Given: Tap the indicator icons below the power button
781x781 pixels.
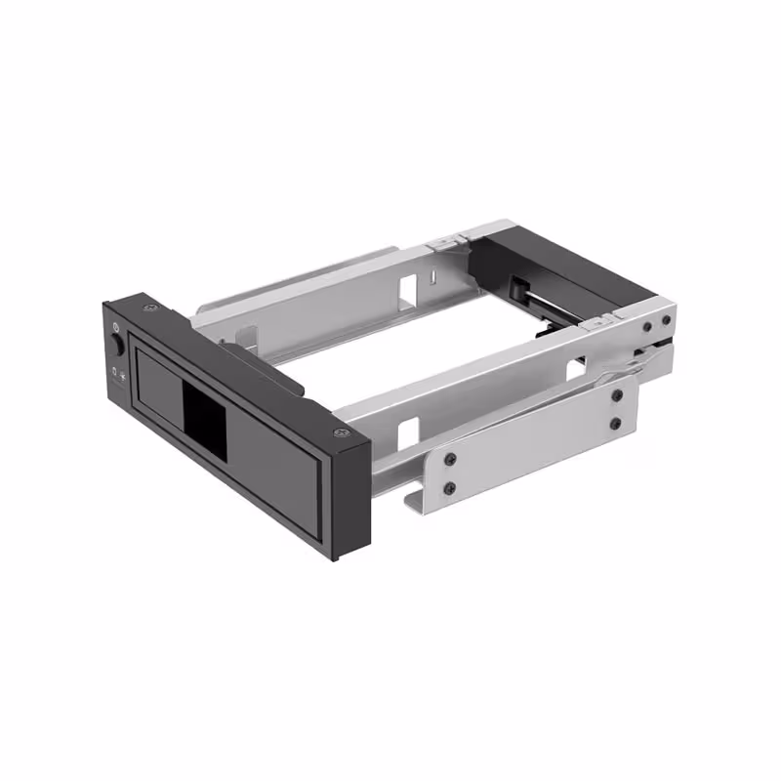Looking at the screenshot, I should click(117, 373).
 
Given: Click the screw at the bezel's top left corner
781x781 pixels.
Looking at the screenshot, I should click(150, 308).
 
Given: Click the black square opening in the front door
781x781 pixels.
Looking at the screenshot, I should click(204, 409).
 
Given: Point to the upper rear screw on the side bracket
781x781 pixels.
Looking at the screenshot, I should click(617, 396).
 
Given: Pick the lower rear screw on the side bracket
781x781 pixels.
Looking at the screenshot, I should click(615, 424).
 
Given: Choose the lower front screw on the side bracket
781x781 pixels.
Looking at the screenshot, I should click(449, 487).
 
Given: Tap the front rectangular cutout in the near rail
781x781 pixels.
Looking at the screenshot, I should click(408, 430).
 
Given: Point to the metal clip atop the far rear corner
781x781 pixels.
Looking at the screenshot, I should click(447, 237).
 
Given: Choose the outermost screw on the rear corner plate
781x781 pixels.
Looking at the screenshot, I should click(667, 321).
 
